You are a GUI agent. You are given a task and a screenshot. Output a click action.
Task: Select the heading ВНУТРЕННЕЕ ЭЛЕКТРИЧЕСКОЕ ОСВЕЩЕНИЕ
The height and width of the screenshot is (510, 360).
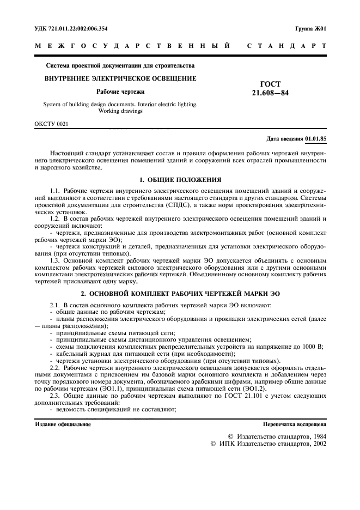click(120, 78)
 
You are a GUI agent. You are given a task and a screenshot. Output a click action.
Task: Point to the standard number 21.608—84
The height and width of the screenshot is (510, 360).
click(270, 93)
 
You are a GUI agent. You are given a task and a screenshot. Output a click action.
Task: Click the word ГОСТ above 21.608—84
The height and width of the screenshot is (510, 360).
click(271, 84)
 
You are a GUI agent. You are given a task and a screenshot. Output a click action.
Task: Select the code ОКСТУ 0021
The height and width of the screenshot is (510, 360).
click(51, 124)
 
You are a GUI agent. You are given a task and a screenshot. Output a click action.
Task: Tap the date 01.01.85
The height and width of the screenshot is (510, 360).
click(316, 139)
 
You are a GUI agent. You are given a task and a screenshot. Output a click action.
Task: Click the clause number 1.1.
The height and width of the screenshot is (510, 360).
click(54, 191)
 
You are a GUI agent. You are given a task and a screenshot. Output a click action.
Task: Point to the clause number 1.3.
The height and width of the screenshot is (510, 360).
click(54, 261)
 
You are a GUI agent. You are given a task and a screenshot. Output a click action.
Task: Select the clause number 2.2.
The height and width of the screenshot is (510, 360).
click(54, 368)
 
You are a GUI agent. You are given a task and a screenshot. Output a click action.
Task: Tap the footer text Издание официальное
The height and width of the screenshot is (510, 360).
click(63, 423)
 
